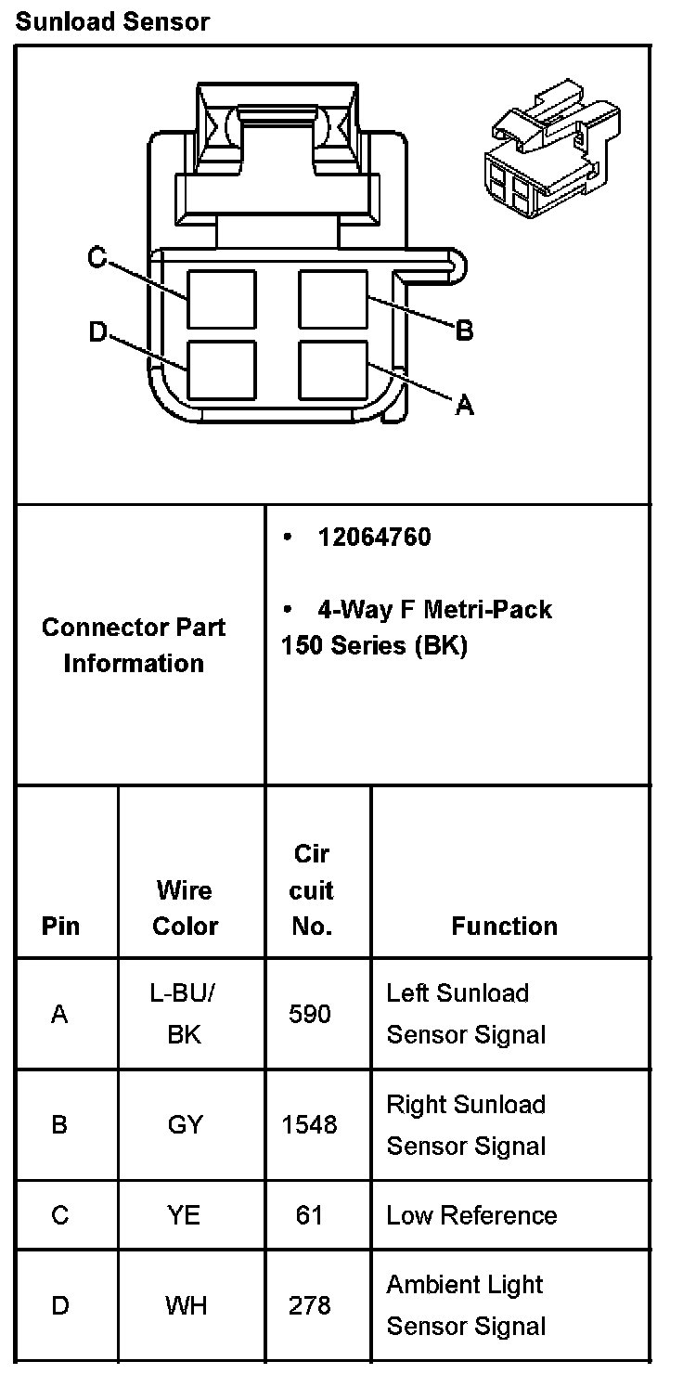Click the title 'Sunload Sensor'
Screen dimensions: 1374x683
click(112, 21)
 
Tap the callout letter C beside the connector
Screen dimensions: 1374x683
click(97, 257)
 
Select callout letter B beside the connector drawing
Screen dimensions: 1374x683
click(465, 330)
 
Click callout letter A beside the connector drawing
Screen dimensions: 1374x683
click(465, 404)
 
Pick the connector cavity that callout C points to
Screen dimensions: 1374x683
click(222, 299)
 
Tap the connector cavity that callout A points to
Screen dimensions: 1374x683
click(333, 369)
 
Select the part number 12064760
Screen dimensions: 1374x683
click(374, 538)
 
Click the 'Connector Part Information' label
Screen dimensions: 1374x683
click(134, 645)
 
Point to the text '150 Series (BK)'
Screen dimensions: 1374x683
click(374, 645)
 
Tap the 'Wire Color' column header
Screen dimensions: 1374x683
click(185, 908)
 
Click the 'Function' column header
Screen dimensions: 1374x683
click(504, 926)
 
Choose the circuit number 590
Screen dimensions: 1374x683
click(310, 1014)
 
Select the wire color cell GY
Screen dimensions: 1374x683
click(185, 1125)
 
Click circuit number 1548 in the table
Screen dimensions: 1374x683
click(310, 1125)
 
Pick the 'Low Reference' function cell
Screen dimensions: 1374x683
click(471, 1215)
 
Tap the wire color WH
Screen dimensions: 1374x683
click(185, 1306)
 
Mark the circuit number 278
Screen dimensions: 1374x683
click(310, 1306)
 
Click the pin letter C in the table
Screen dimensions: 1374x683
click(60, 1215)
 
